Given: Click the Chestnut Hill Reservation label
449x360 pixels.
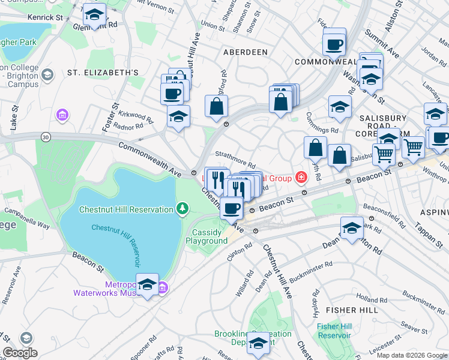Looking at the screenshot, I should coord(125,209).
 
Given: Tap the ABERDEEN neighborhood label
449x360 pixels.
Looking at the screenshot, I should coord(245,52).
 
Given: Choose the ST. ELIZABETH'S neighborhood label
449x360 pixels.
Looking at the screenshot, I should coord(103,73).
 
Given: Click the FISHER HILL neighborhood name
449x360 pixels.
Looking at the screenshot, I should coord(352,310).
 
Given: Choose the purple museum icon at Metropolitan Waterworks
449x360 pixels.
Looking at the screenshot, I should coord(163,289).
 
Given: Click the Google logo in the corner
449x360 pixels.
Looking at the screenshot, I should coord(20,353).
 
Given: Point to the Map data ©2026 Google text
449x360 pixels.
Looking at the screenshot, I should coord(412,355).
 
